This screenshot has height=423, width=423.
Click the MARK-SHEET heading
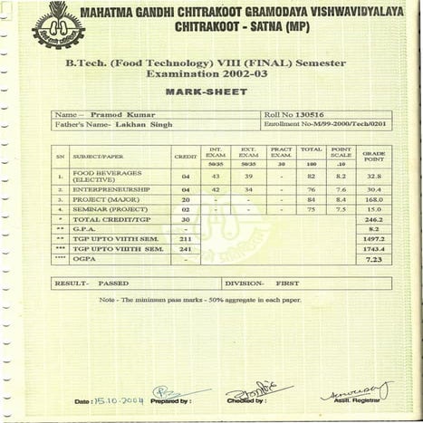tap(211, 92)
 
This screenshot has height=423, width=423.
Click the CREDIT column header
tap(186, 158)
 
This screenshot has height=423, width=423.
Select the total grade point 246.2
tap(374, 219)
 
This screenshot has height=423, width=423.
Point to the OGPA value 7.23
tap(374, 259)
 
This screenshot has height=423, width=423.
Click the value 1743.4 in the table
tap(374, 248)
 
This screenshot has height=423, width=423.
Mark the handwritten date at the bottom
tap(117, 399)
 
